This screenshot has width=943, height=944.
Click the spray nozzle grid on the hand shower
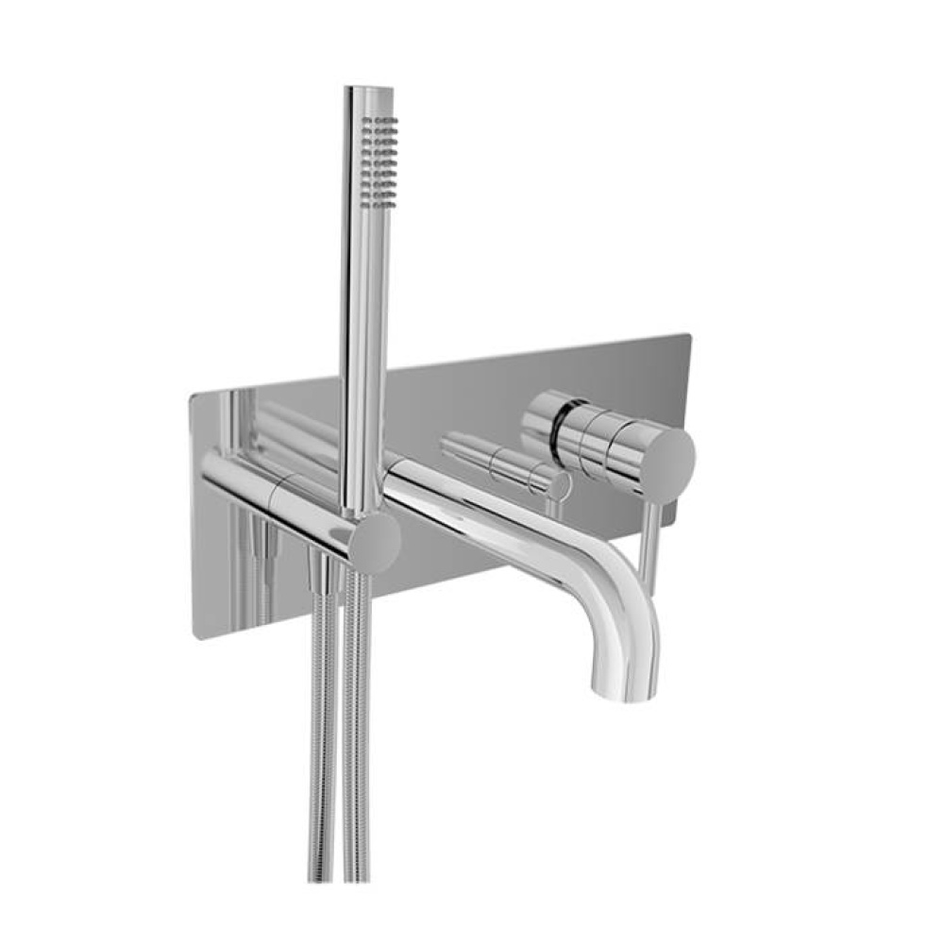381,158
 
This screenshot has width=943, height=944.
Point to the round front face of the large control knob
669,460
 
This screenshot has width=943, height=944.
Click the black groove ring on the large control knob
564,428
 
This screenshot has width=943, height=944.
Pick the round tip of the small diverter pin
560,485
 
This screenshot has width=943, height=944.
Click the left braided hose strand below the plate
321,755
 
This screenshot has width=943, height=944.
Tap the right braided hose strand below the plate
356,755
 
